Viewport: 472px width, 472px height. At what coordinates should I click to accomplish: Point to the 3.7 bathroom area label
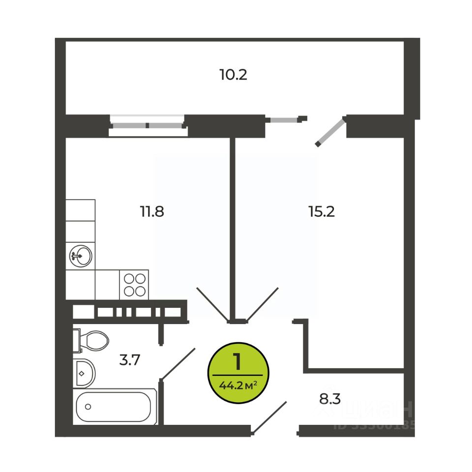tap(130, 360)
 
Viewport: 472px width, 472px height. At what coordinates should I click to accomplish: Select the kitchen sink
tap(80, 256)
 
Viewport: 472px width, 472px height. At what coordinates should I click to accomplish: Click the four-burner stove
tap(134, 284)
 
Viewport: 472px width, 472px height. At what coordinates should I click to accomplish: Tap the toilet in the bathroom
tap(92, 340)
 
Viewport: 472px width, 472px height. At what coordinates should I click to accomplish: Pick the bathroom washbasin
tap(84, 372)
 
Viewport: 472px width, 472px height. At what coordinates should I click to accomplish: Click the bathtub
tap(116, 406)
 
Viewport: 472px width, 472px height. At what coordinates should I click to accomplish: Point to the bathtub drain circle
tap(88, 407)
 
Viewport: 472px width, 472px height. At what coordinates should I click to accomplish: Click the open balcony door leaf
tap(330, 131)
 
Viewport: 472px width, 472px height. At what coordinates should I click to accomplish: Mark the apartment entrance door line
tap(269, 417)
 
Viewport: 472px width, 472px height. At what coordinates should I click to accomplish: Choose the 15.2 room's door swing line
tap(262, 303)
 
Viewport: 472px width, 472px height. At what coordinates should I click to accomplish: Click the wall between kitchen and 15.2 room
tap(233, 226)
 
